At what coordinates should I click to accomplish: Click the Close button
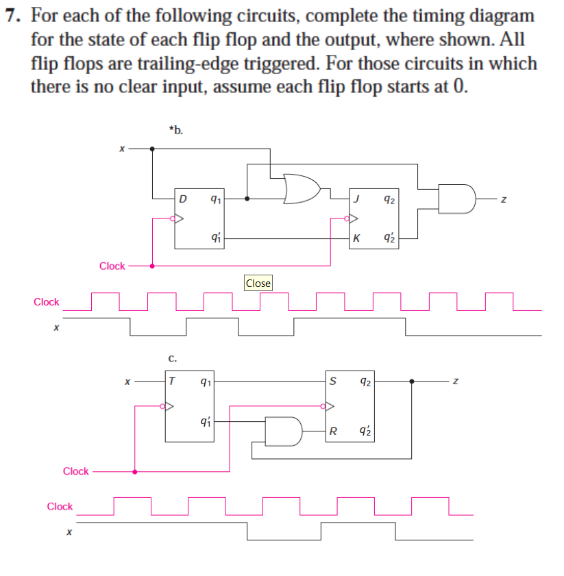pyautogui.click(x=258, y=283)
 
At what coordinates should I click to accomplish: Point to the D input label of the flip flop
pyautogui.click(x=182, y=199)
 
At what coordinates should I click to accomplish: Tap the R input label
pyautogui.click(x=333, y=431)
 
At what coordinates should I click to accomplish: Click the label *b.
pyautogui.click(x=175, y=129)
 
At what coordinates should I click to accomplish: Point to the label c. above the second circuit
pyautogui.click(x=173, y=357)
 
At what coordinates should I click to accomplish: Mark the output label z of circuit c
pyautogui.click(x=452, y=381)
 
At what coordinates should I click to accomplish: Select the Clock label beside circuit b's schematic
pyautogui.click(x=112, y=266)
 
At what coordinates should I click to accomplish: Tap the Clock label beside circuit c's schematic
pyautogui.click(x=75, y=471)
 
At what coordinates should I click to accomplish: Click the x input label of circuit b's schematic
pyautogui.click(x=121, y=147)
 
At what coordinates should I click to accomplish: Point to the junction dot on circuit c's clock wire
pyautogui.click(x=135, y=471)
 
